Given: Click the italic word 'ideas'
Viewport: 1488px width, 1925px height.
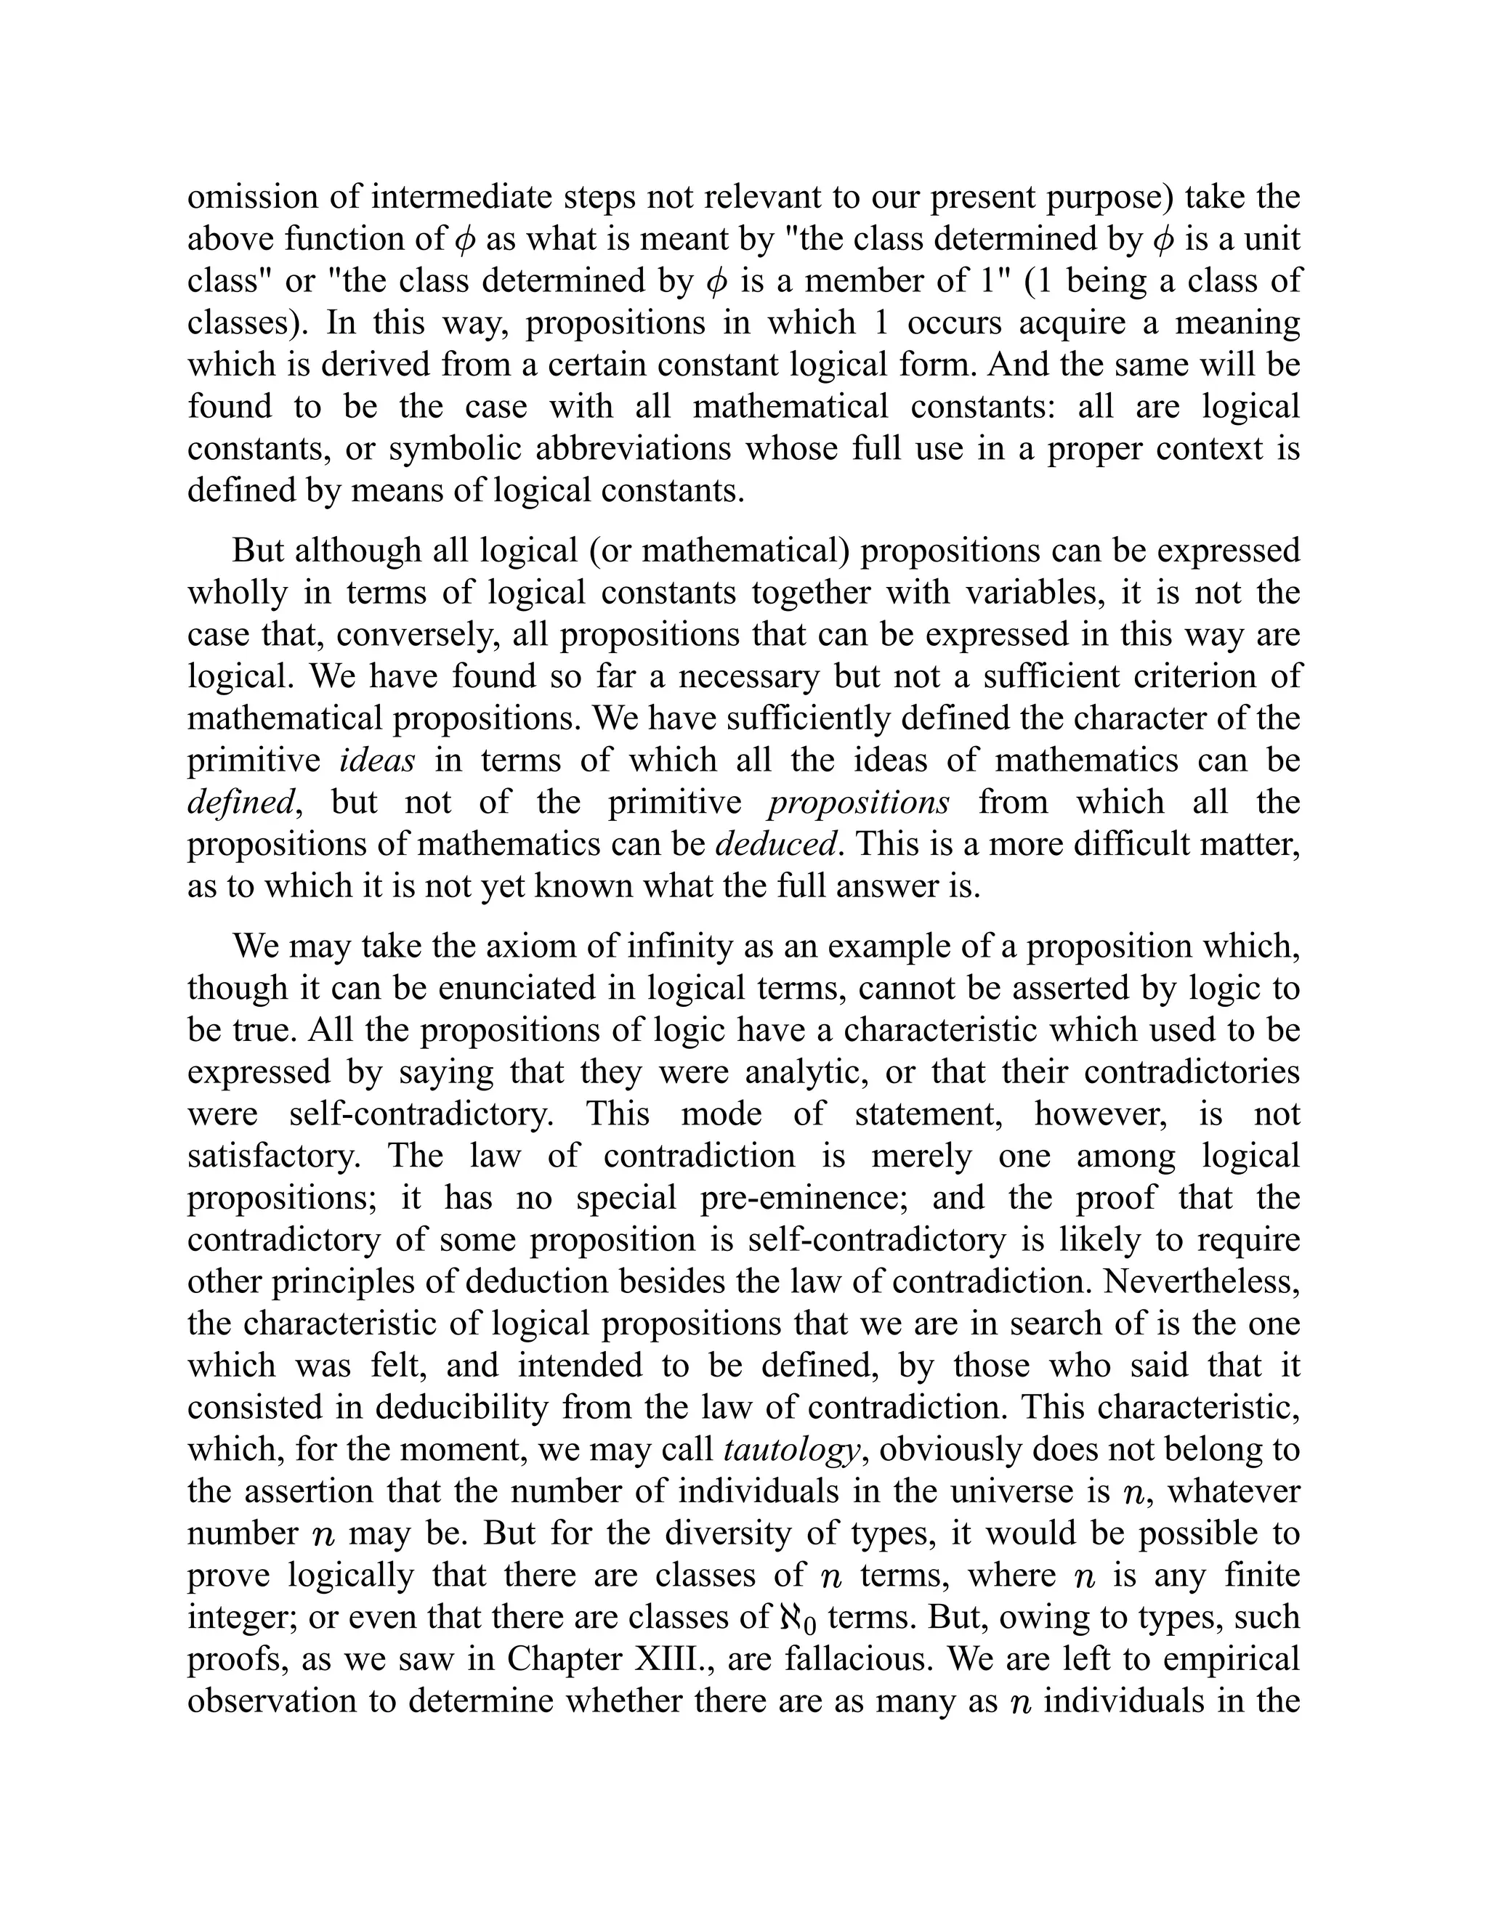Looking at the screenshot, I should [x=376, y=761].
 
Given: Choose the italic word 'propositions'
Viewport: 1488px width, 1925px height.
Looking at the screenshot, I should [x=859, y=803].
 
